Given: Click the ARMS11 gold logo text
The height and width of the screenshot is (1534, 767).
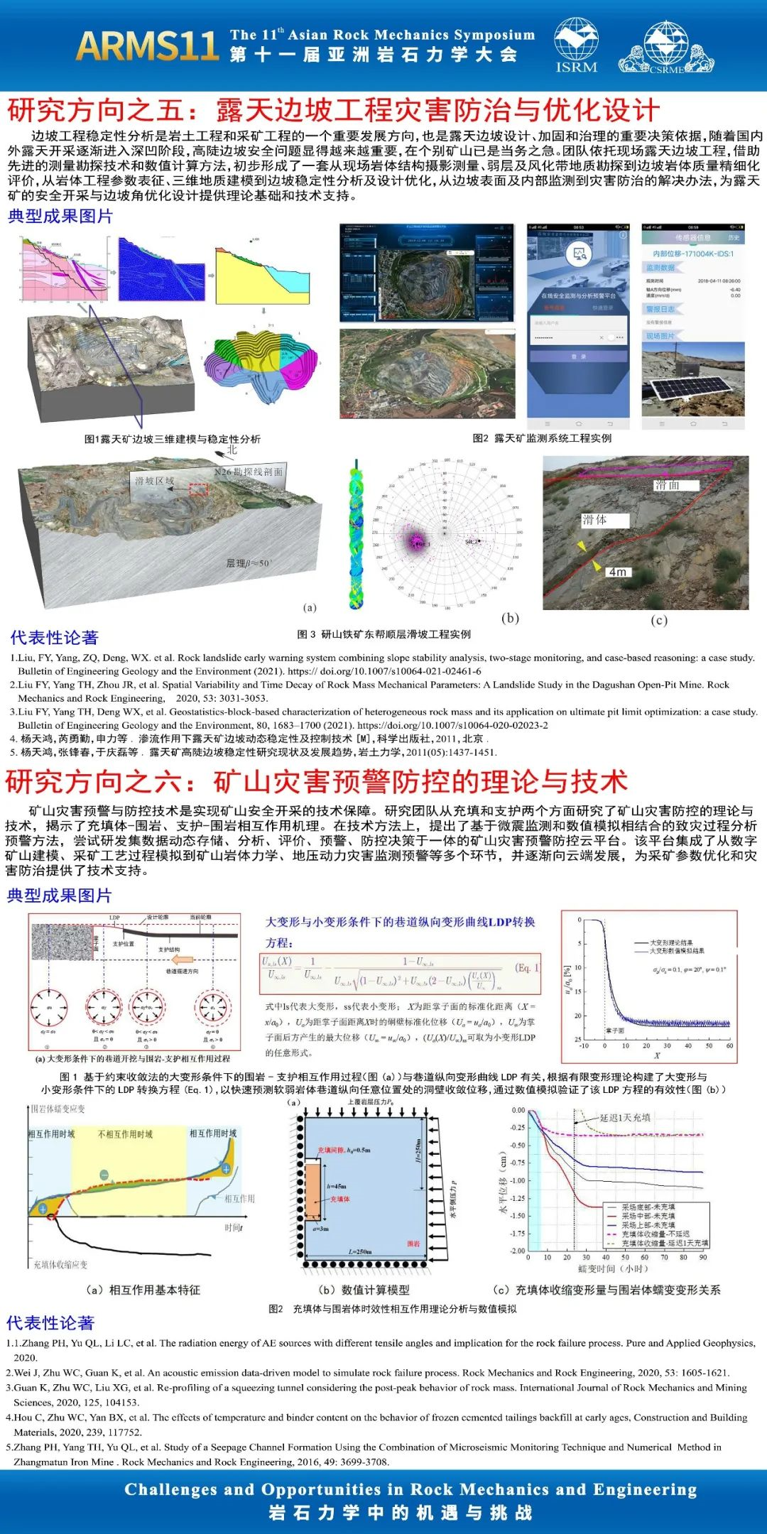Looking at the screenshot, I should coord(147,46).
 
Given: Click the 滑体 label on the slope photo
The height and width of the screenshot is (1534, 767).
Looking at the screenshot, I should coord(595,520).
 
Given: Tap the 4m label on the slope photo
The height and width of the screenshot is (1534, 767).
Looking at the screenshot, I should coord(617,572).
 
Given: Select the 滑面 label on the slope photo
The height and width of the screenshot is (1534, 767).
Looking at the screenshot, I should coord(667,485).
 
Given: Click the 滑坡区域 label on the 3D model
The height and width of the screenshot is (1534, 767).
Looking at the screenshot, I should coord(154,482).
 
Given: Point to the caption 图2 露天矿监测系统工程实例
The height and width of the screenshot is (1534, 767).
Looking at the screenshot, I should coord(542,438).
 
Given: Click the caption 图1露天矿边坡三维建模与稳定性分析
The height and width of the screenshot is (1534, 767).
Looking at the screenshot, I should coord(173,440).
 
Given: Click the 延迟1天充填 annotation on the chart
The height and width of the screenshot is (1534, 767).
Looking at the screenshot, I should coord(625,1117).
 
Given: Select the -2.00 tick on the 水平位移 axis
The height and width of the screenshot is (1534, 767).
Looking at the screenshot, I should coord(517,1251).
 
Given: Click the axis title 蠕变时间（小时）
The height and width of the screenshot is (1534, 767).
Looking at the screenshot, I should coord(613,1268).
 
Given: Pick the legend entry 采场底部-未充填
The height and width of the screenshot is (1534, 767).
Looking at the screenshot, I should coord(648,1207).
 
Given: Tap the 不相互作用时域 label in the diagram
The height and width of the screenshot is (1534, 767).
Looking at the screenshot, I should coord(125,1134).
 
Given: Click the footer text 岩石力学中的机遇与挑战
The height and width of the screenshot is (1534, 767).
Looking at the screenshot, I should coord(401,1513).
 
